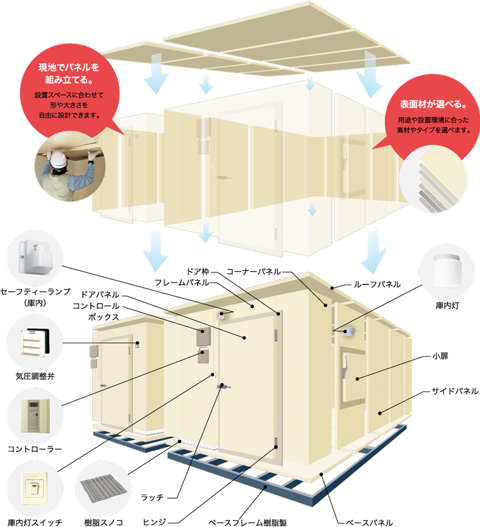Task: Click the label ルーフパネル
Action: (377, 284)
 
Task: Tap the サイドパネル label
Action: (455, 391)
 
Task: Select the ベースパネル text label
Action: (369, 522)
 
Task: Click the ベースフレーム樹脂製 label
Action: (247, 522)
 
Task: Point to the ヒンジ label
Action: (154, 522)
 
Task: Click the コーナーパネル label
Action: (254, 271)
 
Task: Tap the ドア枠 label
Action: (198, 271)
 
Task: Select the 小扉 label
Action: (440, 356)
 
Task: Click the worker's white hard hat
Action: (58, 159)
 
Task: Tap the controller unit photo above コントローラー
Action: (35, 416)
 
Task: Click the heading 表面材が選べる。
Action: (433, 105)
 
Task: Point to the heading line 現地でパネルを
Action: (69, 67)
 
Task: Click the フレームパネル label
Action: (182, 282)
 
